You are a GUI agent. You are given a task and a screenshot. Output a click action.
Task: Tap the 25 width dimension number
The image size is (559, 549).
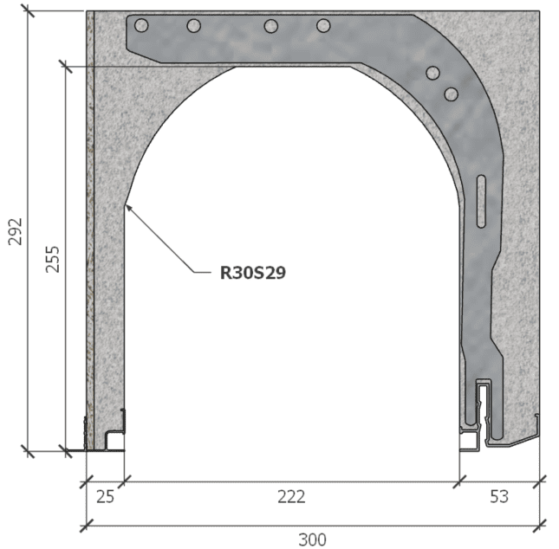pyautogui.click(x=104, y=497)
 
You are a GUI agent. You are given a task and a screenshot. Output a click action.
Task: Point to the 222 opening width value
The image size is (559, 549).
pyautogui.click(x=291, y=497)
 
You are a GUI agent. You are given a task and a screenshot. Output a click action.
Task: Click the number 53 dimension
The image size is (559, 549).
pyautogui.click(x=498, y=497)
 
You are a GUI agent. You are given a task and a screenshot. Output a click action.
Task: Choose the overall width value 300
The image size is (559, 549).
pyautogui.click(x=312, y=539)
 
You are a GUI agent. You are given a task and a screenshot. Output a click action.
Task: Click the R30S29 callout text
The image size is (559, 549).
pyautogui.click(x=253, y=273)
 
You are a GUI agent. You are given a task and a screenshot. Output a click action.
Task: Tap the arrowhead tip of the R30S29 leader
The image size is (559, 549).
pyautogui.click(x=125, y=204)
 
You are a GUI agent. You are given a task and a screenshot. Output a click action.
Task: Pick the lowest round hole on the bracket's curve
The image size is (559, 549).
pyautogui.click(x=451, y=94)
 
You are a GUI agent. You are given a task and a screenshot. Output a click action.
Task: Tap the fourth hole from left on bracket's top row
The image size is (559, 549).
pyautogui.click(x=323, y=26)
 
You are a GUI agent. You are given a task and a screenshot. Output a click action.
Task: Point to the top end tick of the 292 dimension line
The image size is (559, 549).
pyautogui.click(x=29, y=11)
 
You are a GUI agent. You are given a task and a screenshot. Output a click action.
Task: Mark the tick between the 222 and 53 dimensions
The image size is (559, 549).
pyautogui.click(x=458, y=479)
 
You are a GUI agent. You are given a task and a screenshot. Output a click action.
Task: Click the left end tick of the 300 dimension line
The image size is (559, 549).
pyautogui.click(x=86, y=524)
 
